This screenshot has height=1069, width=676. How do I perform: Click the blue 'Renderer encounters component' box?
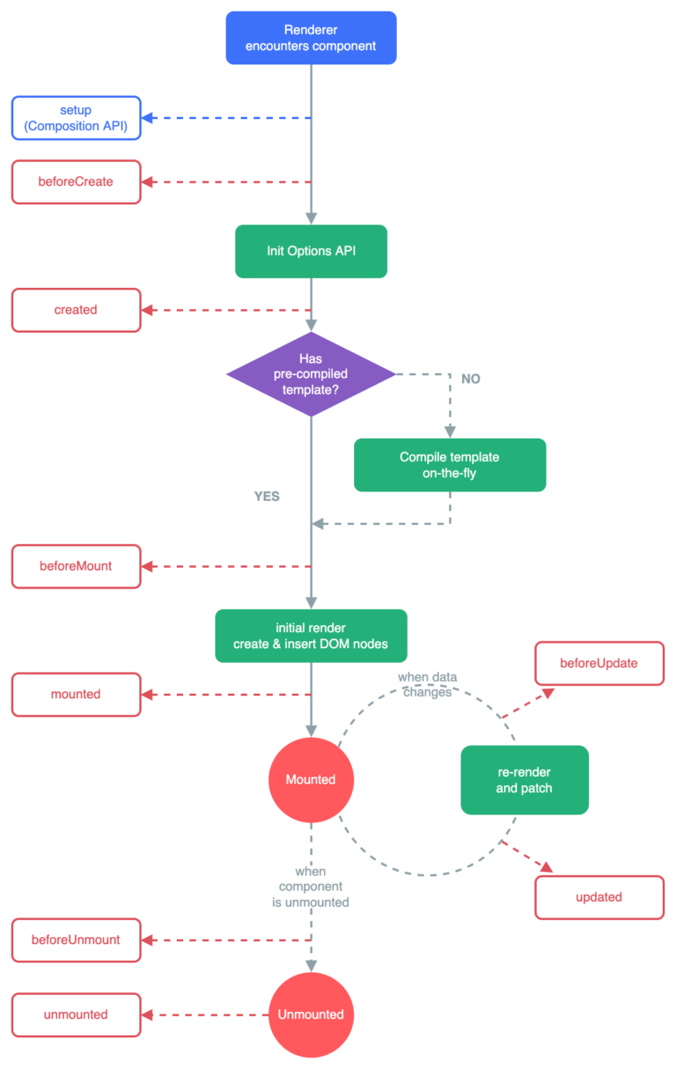311,38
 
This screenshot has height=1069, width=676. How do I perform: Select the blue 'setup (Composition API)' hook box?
76,117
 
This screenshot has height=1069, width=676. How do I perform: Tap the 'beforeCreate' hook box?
76,182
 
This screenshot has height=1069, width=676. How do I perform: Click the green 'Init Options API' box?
311,251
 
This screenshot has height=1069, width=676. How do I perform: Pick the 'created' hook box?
76,310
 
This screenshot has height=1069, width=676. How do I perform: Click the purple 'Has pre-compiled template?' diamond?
311,373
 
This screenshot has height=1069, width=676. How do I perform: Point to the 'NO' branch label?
471,379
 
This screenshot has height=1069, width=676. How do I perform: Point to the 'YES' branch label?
267,497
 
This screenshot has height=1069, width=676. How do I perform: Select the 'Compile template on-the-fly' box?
450,465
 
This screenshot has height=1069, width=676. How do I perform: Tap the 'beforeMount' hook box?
76,566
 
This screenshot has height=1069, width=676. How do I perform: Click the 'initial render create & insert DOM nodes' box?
311,636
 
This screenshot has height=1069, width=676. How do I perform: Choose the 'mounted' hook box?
76,694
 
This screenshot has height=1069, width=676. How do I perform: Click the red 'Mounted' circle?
311,779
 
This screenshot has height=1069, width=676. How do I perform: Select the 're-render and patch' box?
525,779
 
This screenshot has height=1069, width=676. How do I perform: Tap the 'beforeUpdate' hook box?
599,663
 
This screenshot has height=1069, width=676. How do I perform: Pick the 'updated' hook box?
599,897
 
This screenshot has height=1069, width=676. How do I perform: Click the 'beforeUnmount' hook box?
76,940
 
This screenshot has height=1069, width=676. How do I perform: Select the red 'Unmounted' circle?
311,1014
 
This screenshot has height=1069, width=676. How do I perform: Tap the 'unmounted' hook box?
76,1014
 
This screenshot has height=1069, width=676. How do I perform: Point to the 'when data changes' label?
427,684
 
